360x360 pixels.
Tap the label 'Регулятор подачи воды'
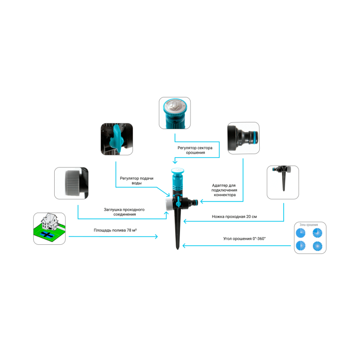tap(136, 180)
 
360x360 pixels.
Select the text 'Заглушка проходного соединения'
tap(124, 212)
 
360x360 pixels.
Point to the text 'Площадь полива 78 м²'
tap(115, 231)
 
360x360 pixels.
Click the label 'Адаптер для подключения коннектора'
tap(224, 190)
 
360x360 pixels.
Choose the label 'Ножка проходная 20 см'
tap(234, 216)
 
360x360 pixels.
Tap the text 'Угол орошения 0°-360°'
tap(244, 238)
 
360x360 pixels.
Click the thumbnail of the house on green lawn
tap(49, 228)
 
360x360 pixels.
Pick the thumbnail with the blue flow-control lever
tap(116, 138)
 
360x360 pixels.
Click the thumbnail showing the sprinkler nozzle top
tap(175, 113)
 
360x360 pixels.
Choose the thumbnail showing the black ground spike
tap(283, 182)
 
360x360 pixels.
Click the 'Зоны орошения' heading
tap(310, 225)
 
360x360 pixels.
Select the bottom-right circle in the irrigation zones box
tap(317, 246)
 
